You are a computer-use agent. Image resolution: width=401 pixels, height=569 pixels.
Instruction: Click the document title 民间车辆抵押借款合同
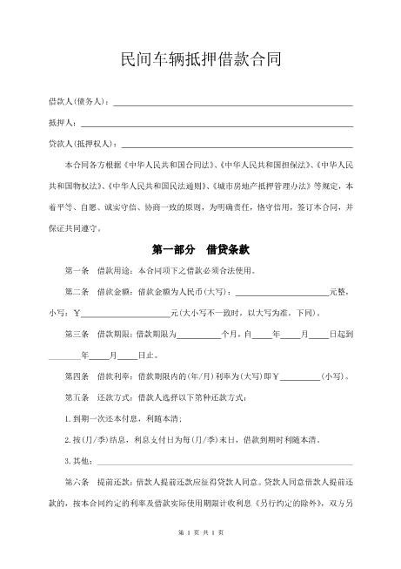click(200, 60)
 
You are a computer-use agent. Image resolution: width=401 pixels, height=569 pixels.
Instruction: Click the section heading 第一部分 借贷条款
click(200, 250)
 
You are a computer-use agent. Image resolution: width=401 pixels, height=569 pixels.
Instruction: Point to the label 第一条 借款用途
click(96, 271)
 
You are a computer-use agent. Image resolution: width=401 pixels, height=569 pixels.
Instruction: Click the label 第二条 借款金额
click(96, 292)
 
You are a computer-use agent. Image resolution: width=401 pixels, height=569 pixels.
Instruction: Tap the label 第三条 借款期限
click(96, 335)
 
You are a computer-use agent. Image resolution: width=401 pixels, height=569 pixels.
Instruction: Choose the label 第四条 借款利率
click(96, 377)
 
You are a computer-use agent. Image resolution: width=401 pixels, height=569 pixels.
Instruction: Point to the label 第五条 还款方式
click(96, 398)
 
